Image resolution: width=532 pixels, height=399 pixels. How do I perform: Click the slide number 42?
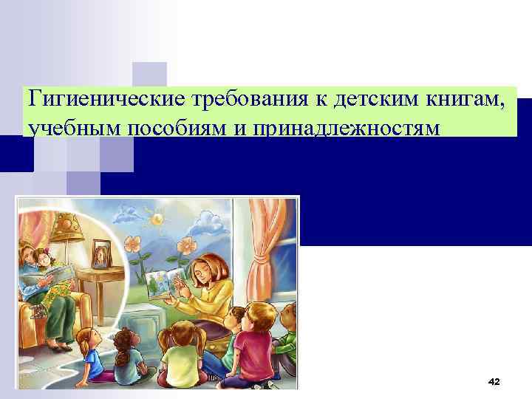494,381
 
